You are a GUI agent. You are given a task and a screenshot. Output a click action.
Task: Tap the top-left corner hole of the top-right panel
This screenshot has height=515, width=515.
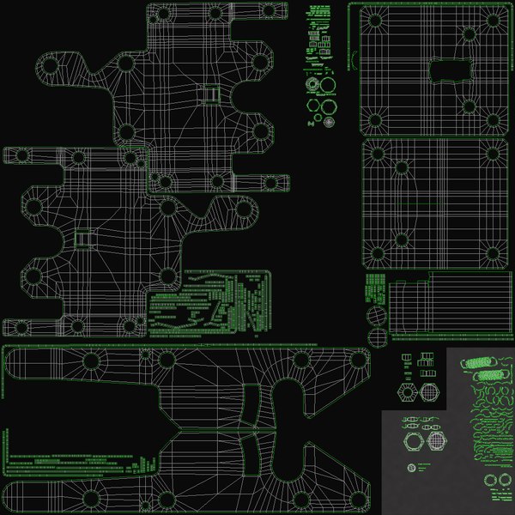point(374,21)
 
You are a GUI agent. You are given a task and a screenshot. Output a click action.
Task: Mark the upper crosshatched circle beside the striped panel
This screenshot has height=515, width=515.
point(377,315)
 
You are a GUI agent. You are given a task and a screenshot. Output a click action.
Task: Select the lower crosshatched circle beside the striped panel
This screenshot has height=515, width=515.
point(377,336)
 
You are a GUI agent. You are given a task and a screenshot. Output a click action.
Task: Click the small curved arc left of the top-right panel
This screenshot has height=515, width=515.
point(351,60)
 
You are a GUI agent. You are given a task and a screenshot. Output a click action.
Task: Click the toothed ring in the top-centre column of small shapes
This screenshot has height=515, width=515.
point(327,84)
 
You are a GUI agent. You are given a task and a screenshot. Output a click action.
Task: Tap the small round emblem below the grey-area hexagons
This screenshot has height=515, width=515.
point(411,468)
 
